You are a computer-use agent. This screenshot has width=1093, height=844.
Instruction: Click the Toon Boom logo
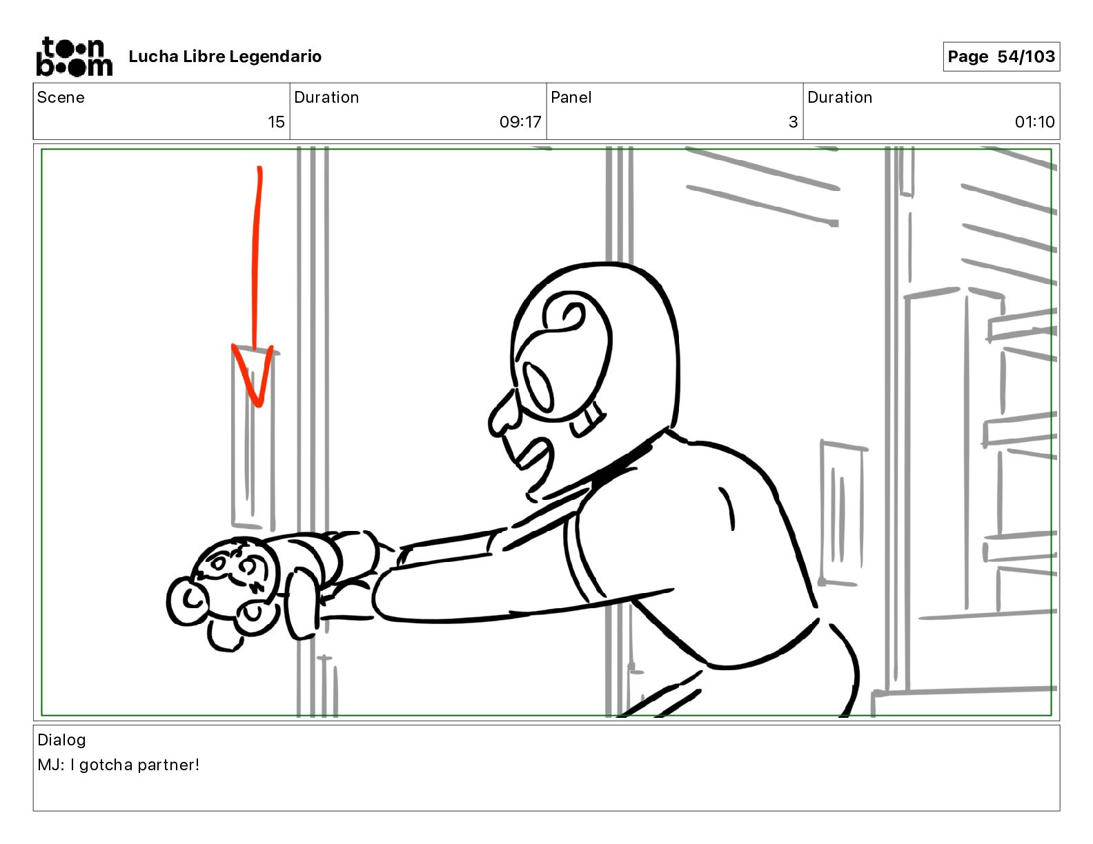(74, 57)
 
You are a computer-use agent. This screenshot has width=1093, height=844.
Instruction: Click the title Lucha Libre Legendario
(225, 57)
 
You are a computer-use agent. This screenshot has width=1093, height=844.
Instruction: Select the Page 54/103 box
(1001, 57)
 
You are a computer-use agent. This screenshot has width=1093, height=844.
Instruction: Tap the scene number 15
(276, 122)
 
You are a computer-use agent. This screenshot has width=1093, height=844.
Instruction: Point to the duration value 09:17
(520, 122)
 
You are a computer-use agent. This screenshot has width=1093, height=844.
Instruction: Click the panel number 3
(793, 122)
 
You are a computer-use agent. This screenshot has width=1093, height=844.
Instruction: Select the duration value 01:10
(1034, 122)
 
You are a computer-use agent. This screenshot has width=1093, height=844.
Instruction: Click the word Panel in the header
(571, 97)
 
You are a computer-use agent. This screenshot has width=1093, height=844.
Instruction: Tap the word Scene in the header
(61, 97)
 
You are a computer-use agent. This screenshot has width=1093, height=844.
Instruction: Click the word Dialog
(61, 740)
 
